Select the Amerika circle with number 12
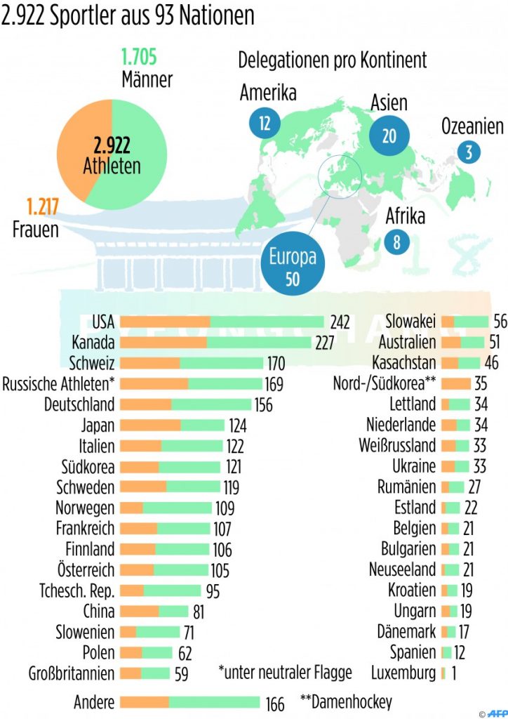click(265, 124)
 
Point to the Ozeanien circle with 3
click(468, 151)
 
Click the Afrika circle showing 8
click(397, 242)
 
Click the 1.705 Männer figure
click(139, 56)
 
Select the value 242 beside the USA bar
click(340, 322)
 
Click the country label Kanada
click(93, 343)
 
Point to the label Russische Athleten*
click(59, 384)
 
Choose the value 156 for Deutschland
click(263, 405)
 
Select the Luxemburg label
click(403, 673)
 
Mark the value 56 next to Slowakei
click(500, 322)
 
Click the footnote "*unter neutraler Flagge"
click(285, 673)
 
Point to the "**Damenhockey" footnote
click(346, 701)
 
